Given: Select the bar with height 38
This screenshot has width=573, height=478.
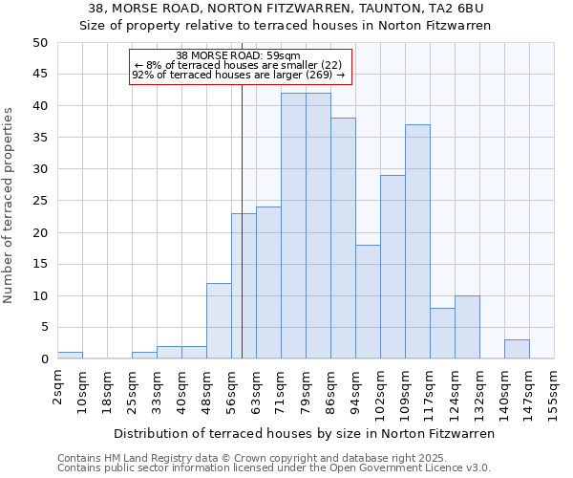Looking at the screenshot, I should (343, 238).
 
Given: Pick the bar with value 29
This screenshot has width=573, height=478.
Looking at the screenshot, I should (393, 267).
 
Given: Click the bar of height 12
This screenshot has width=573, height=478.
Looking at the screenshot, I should (219, 320).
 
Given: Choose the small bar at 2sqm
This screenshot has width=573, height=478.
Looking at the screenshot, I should (70, 356).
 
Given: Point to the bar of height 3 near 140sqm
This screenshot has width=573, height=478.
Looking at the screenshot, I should (517, 349).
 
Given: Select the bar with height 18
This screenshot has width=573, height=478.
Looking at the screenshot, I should (368, 301).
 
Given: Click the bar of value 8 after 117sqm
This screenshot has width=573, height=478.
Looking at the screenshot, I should (442, 334).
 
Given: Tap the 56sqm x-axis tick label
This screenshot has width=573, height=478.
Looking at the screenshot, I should (232, 389).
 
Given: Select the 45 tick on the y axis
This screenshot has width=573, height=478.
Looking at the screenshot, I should (40, 75).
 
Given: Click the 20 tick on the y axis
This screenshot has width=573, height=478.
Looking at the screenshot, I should (40, 232).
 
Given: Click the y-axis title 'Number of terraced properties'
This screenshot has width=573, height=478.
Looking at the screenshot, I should (10, 206).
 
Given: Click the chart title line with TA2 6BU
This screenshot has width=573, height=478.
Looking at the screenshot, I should (286, 9).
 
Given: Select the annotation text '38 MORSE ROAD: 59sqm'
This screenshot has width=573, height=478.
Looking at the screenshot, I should (239, 55).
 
